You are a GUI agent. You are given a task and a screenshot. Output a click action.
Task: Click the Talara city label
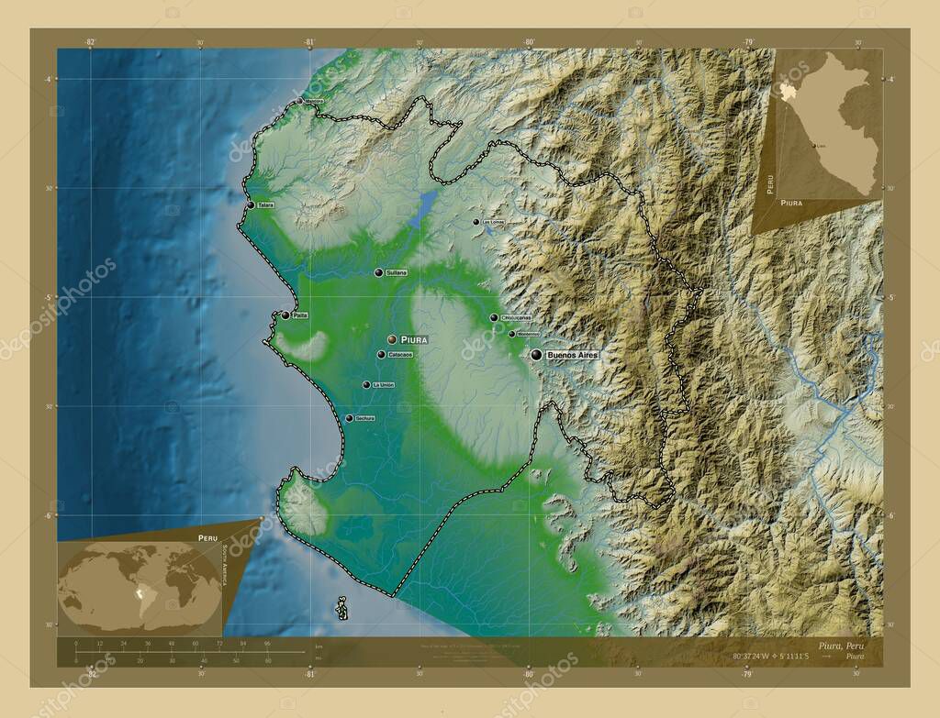tap(266, 206)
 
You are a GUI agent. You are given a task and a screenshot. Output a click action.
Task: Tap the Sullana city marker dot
tap(377, 272)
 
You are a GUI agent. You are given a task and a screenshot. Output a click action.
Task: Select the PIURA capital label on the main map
tap(414, 339)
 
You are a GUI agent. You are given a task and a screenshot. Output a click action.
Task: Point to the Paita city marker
tap(285, 315)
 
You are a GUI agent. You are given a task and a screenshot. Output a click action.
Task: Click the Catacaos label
tap(400, 355)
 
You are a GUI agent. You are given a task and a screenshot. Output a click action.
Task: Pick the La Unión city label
tap(383, 385)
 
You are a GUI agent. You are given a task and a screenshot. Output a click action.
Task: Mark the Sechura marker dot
tap(349, 418)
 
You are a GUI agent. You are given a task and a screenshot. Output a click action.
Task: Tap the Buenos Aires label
tap(572, 354)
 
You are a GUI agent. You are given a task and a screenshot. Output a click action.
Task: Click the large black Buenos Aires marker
tap(536, 353)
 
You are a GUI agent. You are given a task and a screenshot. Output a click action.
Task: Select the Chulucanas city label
tap(517, 318)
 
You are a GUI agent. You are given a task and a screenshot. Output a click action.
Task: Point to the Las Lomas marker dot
tap(476, 222)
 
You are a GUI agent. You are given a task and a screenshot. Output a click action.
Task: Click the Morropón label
tap(528, 335)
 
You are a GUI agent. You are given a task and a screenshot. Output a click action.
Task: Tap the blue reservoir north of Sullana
tap(425, 208)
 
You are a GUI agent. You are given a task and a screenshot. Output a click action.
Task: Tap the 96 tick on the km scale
tap(267, 644)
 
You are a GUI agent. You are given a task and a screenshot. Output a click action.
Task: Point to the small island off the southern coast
tap(341, 608)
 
